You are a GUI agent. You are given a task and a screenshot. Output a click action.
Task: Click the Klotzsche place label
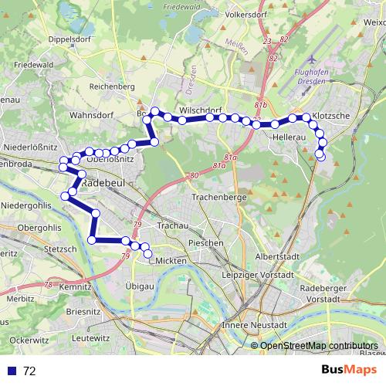click(333, 116)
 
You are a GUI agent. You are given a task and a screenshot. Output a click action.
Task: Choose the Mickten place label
click(171, 262)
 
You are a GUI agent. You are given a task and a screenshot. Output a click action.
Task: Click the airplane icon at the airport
click(311, 59)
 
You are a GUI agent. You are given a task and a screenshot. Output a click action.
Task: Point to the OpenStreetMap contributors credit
click(318, 345)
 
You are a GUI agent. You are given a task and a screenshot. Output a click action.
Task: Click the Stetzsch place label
click(61, 249)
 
